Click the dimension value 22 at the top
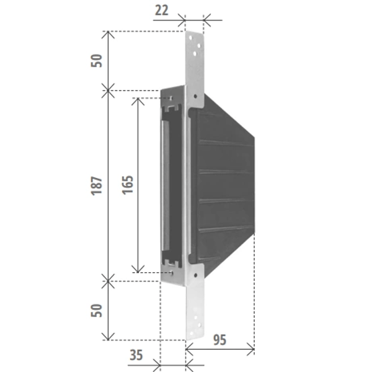pyautogui.click(x=162, y=11)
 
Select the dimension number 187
pyautogui.click(x=97, y=186)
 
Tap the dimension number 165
pyautogui.click(x=127, y=185)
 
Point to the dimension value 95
pyautogui.click(x=219, y=340)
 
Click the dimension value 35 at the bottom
pyautogui.click(x=136, y=355)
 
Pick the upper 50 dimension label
pyautogui.click(x=97, y=61)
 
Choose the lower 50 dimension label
pyautogui.click(x=97, y=311)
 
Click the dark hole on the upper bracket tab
pyautogui.click(x=195, y=96)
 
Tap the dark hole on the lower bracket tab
pyautogui.click(x=195, y=275)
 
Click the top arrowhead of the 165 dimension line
pyautogui.click(x=138, y=99)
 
